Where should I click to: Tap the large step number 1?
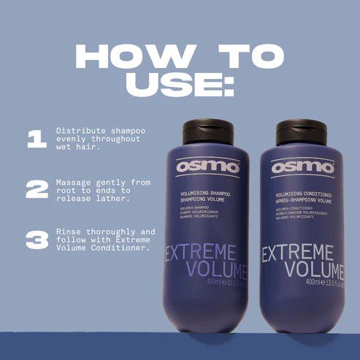coord(37,139)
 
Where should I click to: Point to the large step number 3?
coord(37,239)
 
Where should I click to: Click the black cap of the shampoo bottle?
coord(207,131)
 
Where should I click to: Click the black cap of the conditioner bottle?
coord(300,131)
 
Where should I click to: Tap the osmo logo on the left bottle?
coord(207,166)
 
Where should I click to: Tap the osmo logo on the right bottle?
coord(302,167)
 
